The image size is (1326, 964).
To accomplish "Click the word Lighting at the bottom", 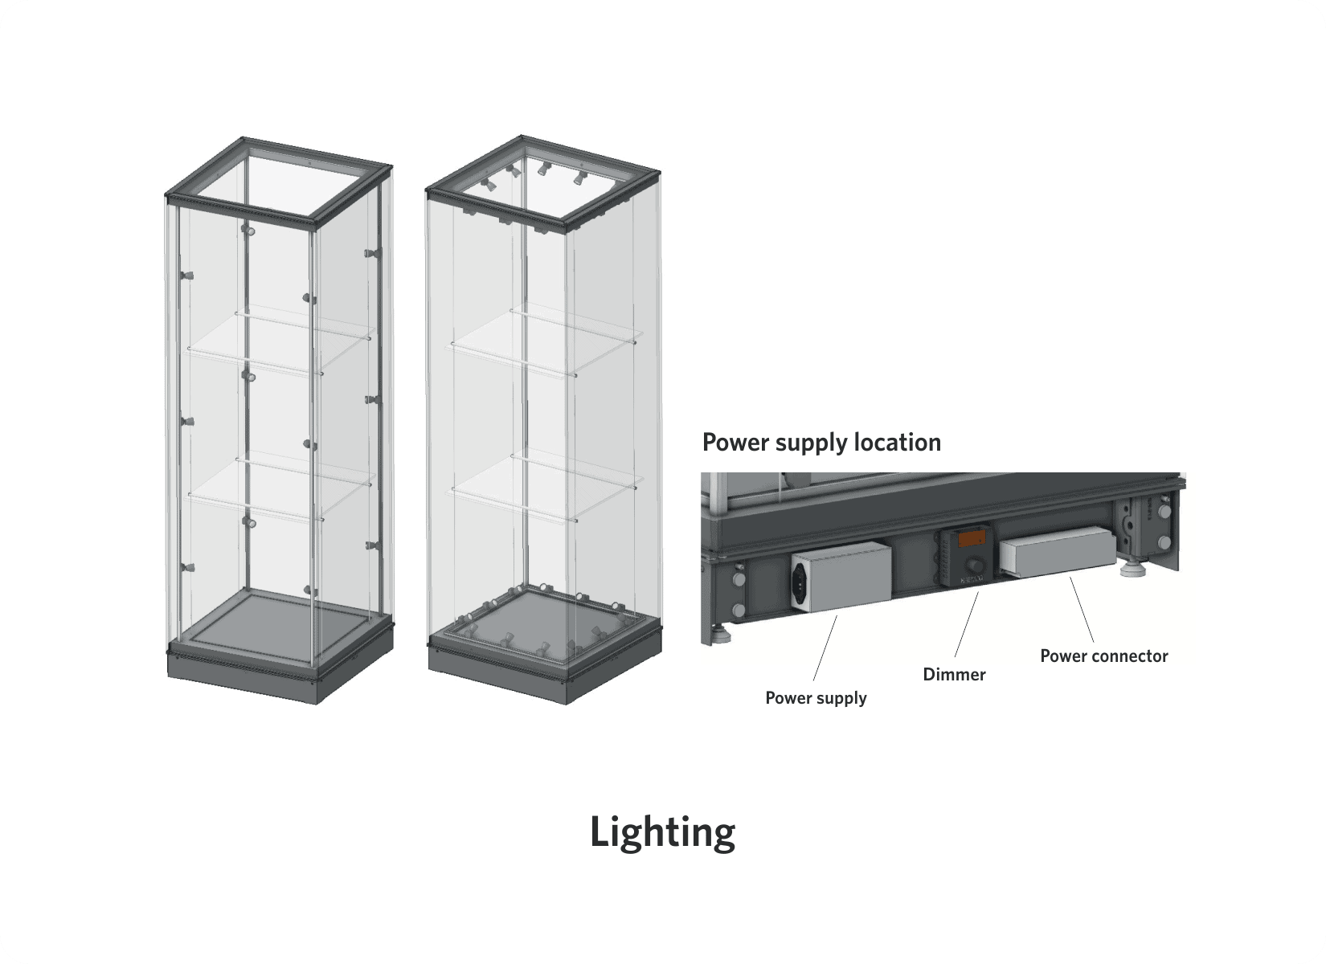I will click(662, 832).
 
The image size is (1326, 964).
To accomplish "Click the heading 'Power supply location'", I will click(821, 443).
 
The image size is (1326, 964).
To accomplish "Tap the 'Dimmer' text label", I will click(954, 675).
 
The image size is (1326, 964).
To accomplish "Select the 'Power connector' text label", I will click(1103, 656).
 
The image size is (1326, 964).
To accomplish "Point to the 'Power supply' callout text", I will click(816, 698).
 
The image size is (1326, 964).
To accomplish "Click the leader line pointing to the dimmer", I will click(967, 625).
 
